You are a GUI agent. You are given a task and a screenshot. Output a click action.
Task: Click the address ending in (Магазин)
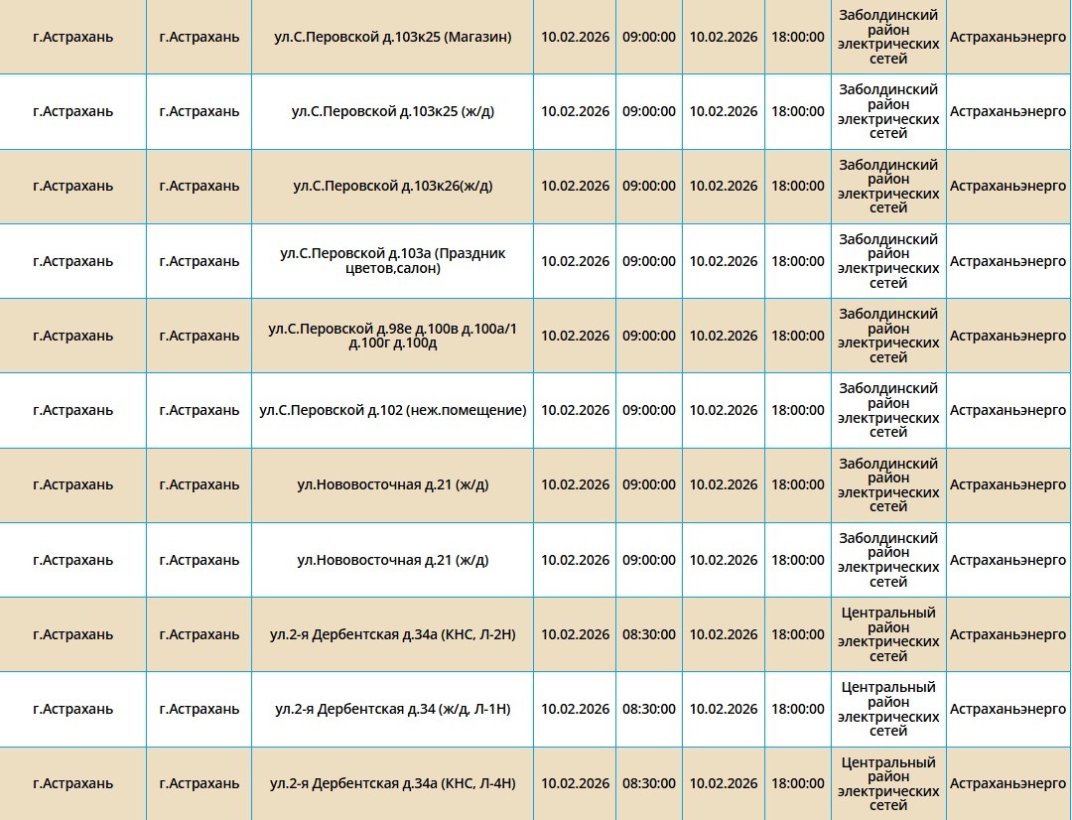(392, 37)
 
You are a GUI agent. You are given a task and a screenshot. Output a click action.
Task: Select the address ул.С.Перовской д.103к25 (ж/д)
(392, 111)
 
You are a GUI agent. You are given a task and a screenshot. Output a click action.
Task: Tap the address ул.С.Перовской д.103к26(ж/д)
(392, 186)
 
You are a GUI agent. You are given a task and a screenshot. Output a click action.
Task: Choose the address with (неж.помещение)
(392, 410)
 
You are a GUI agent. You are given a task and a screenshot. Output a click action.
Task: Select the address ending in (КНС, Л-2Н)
(392, 634)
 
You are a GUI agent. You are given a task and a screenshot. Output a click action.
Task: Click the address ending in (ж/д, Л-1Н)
(392, 709)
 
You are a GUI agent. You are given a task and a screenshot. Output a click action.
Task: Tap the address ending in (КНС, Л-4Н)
(392, 783)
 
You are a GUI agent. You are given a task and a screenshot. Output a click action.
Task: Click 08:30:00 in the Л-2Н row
(649, 634)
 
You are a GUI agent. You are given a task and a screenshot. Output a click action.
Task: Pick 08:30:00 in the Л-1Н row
(649, 709)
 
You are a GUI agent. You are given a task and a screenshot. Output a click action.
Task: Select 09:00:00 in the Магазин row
(649, 37)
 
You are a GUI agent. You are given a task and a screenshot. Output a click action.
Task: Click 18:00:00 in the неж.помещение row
(798, 410)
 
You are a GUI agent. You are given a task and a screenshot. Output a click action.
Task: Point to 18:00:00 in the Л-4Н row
(798, 783)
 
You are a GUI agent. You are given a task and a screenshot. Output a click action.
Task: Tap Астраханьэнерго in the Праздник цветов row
(1007, 261)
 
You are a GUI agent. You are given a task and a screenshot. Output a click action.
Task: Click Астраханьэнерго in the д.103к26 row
(1007, 186)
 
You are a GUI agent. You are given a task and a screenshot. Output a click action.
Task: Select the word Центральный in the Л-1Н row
(888, 687)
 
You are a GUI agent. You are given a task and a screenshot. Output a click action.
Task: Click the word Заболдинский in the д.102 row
(888, 388)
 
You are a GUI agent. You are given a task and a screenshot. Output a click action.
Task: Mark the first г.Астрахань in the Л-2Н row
(72, 634)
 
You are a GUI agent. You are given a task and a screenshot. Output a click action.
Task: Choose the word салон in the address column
(421, 268)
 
